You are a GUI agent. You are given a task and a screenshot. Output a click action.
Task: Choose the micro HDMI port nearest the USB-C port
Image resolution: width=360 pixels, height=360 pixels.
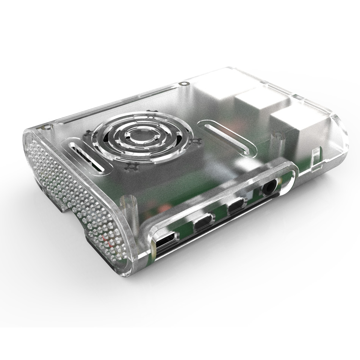coord(203,222)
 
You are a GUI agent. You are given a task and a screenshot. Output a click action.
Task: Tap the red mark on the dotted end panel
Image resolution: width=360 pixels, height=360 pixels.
coord(110,243)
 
